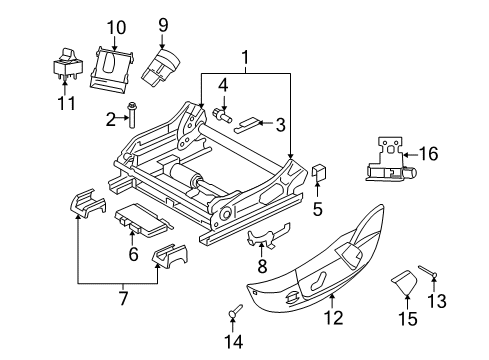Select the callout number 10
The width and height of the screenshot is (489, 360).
pyautogui.click(x=116, y=27)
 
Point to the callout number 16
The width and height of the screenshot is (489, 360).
pyautogui.click(x=429, y=154)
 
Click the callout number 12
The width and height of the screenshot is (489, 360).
pyautogui.click(x=332, y=317)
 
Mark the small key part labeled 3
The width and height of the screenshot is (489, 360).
pyautogui.click(x=246, y=126)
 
